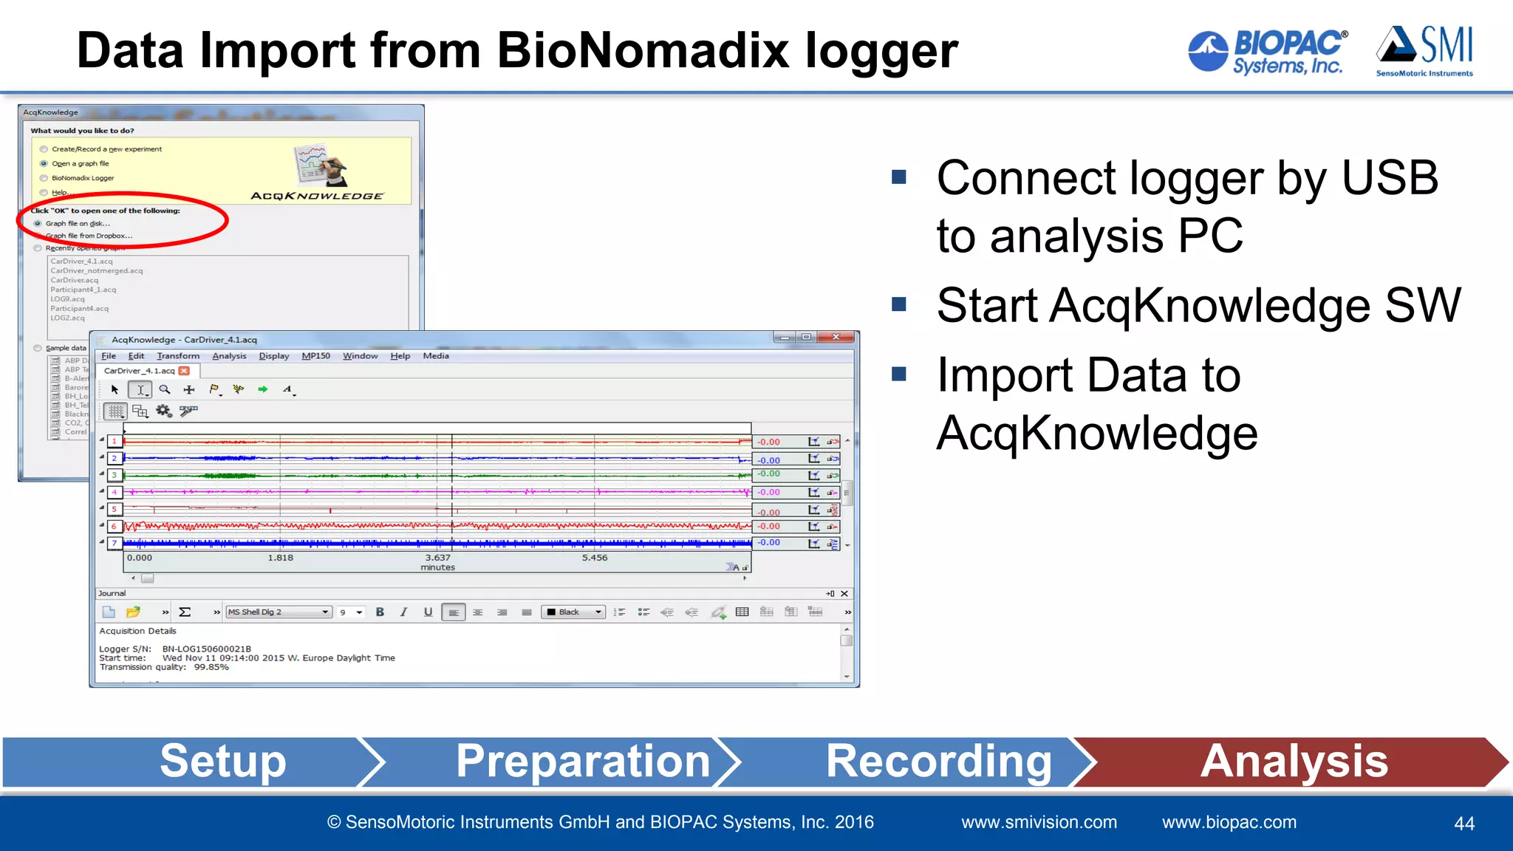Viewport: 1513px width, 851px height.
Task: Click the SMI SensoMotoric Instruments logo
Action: pyautogui.click(x=1424, y=50)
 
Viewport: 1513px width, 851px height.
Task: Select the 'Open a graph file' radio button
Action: pyautogui.click(x=44, y=164)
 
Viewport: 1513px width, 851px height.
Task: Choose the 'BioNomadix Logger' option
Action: pyautogui.click(x=44, y=178)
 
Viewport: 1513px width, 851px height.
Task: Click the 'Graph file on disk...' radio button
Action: pyautogui.click(x=38, y=223)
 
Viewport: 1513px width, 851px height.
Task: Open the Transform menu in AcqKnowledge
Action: pyautogui.click(x=177, y=356)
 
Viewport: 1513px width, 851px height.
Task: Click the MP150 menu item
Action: pyautogui.click(x=315, y=356)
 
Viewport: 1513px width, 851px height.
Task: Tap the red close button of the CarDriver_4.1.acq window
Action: pyautogui.click(x=836, y=338)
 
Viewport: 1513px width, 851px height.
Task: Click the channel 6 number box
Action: pyautogui.click(x=114, y=526)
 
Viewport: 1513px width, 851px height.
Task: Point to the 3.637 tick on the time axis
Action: pyautogui.click(x=437, y=558)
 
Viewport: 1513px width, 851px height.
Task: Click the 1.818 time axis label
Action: pyautogui.click(x=280, y=558)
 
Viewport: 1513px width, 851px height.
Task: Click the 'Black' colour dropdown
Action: pyautogui.click(x=573, y=612)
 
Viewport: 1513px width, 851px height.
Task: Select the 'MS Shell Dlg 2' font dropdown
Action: pyautogui.click(x=278, y=612)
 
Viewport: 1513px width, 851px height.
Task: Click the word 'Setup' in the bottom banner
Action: pyautogui.click(x=222, y=761)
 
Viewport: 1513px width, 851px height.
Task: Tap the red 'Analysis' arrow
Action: pyautogui.click(x=1294, y=761)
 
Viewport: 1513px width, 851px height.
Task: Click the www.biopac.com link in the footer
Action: pyautogui.click(x=1229, y=822)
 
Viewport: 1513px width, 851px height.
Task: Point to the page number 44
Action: pyautogui.click(x=1464, y=824)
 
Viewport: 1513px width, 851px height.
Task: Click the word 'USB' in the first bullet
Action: pyautogui.click(x=1389, y=178)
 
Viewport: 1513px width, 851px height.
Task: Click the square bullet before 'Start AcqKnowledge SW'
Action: pyautogui.click(x=899, y=304)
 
